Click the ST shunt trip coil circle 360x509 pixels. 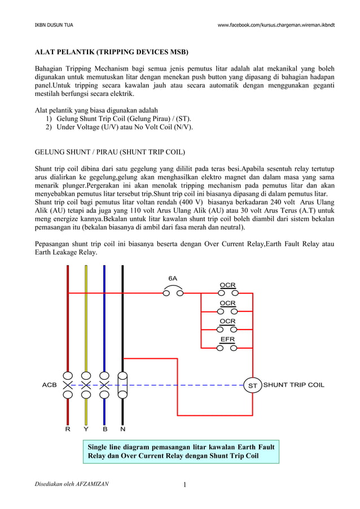pyautogui.click(x=253, y=385)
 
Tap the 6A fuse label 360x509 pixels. pyautogui.click(x=173, y=278)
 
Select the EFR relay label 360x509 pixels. pyautogui.click(x=227, y=339)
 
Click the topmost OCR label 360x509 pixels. pyautogui.click(x=227, y=285)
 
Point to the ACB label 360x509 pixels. pyautogui.click(x=50, y=385)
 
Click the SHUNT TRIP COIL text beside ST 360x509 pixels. pyautogui.click(x=294, y=385)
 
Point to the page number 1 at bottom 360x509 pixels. pyautogui.click(x=184, y=484)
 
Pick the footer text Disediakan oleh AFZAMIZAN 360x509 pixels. pyautogui.click(x=72, y=484)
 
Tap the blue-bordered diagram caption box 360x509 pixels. pyautogui.click(x=181, y=451)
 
